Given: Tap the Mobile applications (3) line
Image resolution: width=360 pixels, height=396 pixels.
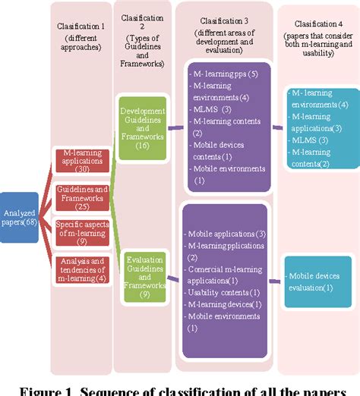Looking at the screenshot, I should tap(226, 234).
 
